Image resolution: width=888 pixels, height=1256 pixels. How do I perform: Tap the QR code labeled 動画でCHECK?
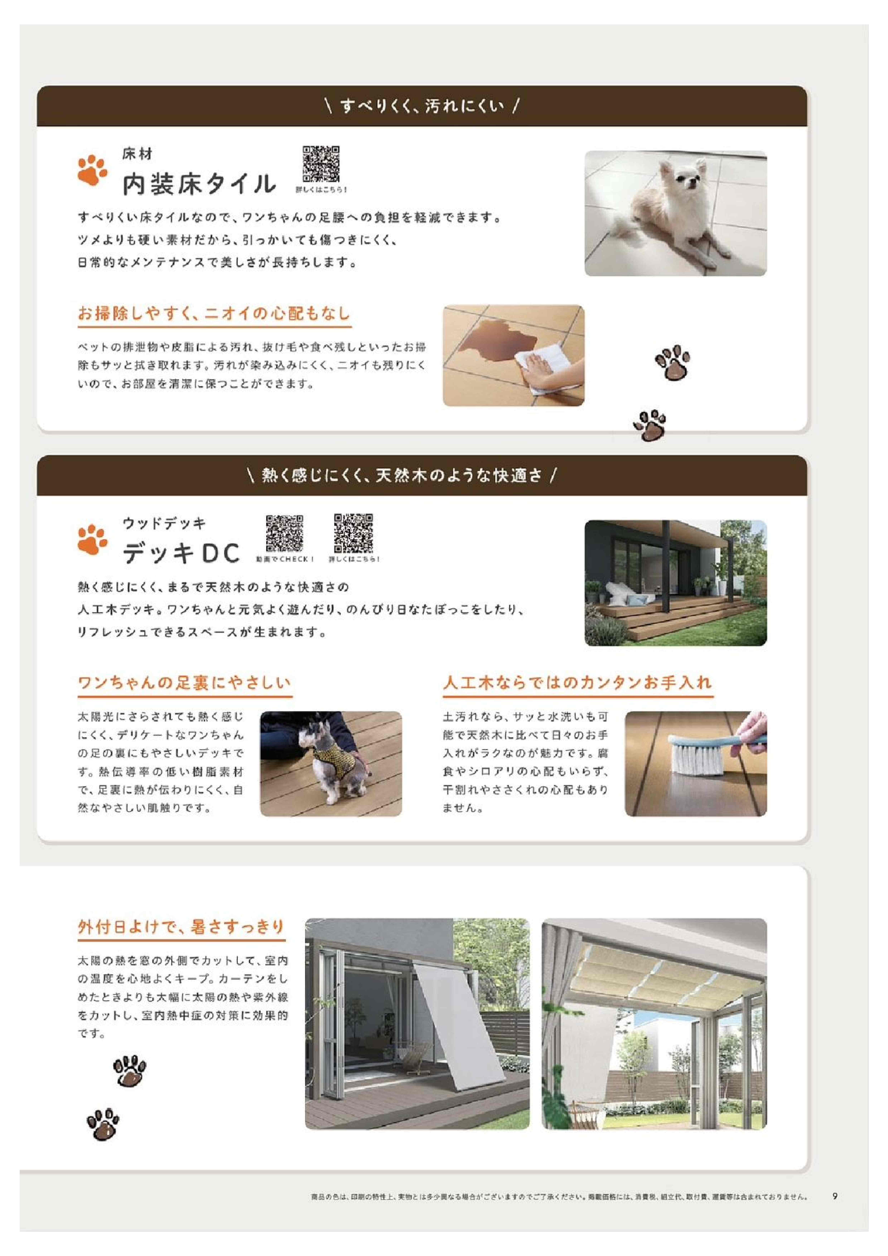(x=284, y=533)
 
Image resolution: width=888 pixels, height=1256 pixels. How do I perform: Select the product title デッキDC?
(x=181, y=553)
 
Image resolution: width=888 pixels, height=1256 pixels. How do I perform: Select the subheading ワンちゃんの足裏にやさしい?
(x=184, y=683)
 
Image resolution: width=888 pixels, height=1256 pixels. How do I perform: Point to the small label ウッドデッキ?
(x=164, y=524)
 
